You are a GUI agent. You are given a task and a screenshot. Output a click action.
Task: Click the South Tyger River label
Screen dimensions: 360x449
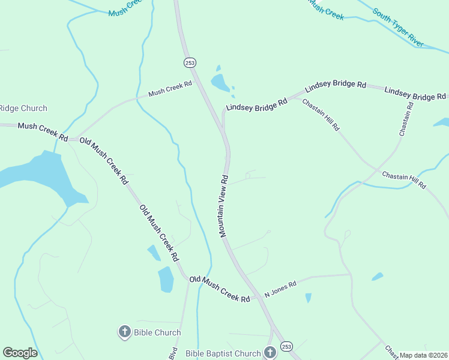[398, 28]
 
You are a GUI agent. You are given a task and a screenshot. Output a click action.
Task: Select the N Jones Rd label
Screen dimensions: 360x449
[281, 290]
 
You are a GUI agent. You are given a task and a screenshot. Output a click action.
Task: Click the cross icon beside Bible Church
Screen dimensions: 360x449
[125, 331]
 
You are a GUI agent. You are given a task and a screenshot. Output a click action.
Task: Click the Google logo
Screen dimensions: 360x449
[20, 353]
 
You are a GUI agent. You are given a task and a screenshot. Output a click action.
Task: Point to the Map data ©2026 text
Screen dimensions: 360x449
[424, 355]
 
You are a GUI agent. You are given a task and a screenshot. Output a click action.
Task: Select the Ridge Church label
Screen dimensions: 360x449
[23, 109]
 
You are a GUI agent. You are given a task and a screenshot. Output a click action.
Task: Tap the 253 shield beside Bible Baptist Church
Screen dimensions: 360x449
[286, 347]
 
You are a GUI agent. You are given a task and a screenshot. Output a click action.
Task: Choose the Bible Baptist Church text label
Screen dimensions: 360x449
[223, 353]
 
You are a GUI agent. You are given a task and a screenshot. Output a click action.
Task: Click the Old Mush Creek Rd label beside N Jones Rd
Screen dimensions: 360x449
[220, 289]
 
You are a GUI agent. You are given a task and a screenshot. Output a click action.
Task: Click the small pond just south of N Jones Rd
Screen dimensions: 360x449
[309, 298]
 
